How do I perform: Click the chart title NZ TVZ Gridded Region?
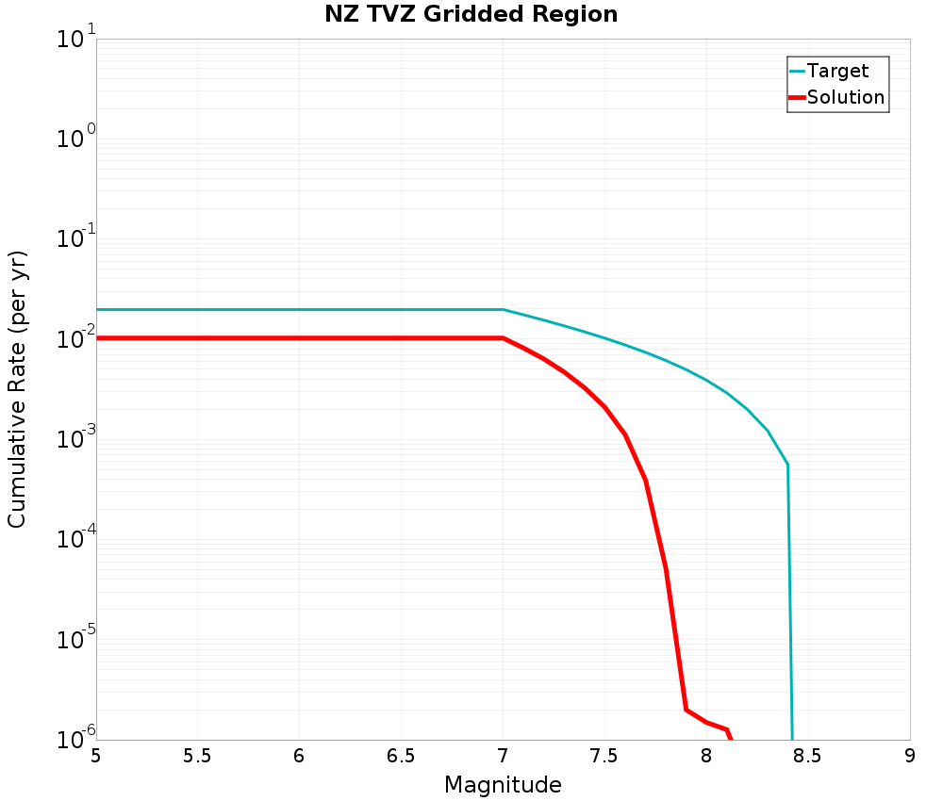(471, 15)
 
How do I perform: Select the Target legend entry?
(837, 71)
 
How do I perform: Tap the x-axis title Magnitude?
(503, 784)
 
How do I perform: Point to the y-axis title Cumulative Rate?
(18, 388)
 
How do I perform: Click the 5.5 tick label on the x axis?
(197, 756)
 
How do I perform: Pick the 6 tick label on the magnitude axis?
(299, 756)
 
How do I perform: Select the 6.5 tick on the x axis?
(401, 756)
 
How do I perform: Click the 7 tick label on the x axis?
(503, 756)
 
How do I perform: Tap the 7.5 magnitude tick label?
(604, 756)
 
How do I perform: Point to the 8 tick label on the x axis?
(706, 756)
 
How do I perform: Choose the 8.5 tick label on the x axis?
(808, 756)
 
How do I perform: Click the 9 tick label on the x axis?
(909, 756)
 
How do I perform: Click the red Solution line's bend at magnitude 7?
(503, 337)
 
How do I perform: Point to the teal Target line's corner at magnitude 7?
(503, 309)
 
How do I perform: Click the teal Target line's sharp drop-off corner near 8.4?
(787, 465)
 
